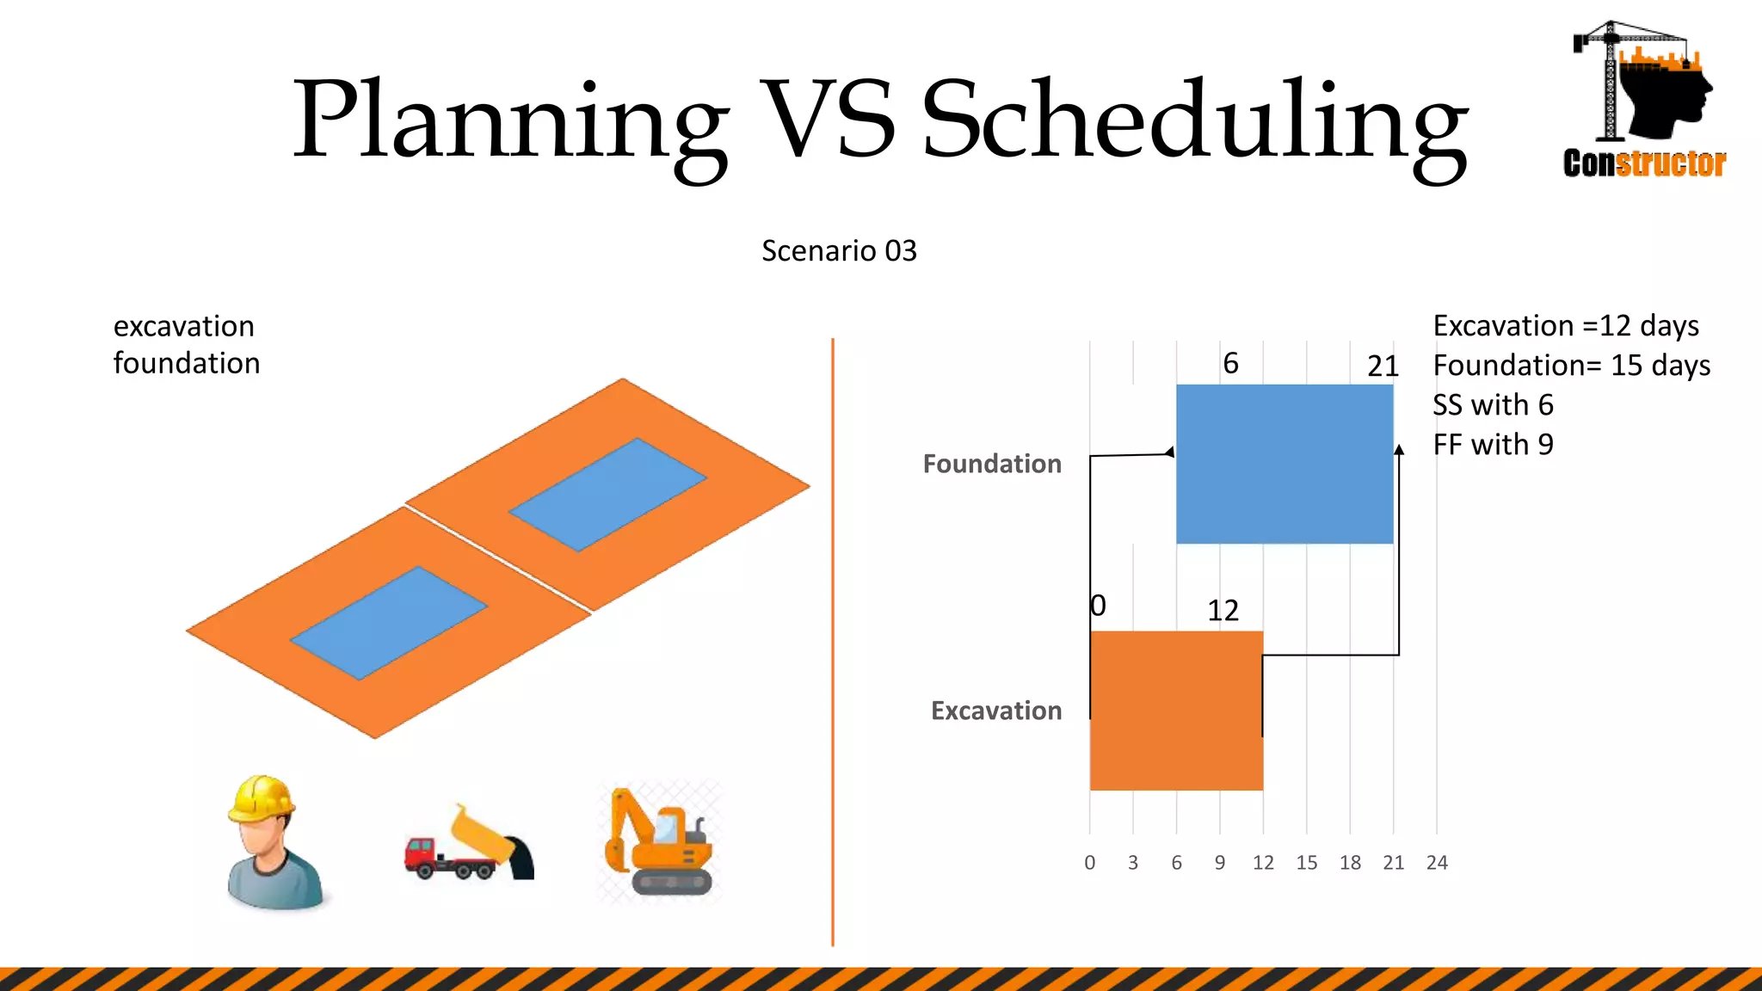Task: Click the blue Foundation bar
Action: click(x=1284, y=464)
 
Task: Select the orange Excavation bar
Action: click(x=1175, y=711)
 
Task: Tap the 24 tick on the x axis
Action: click(x=1436, y=863)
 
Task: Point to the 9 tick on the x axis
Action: click(x=1219, y=863)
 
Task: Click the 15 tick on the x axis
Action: click(x=1306, y=863)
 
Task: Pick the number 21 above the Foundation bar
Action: click(x=1383, y=366)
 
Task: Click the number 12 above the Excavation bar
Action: click(x=1223, y=611)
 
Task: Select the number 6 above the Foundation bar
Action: click(x=1230, y=364)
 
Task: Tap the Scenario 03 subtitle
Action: click(x=839, y=251)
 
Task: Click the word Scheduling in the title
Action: click(x=1194, y=120)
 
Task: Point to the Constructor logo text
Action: click(x=1644, y=163)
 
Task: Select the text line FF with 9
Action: click(x=1493, y=445)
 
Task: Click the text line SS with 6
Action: click(x=1493, y=405)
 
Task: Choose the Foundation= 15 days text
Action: click(x=1571, y=366)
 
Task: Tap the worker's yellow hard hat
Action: click(x=261, y=797)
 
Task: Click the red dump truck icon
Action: click(x=469, y=845)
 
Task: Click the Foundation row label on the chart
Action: click(x=991, y=465)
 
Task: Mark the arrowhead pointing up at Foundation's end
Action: click(x=1399, y=450)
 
